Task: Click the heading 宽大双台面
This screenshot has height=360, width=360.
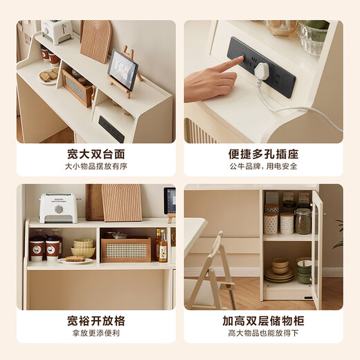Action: point(96,154)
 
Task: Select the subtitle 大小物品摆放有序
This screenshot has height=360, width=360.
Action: point(96,166)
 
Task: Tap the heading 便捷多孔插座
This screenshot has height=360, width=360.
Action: point(263,154)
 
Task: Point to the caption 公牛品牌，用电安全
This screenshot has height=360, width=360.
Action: point(263,166)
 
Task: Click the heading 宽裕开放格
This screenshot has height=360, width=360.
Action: point(96,321)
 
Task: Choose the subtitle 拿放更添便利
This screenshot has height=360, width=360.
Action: point(96,334)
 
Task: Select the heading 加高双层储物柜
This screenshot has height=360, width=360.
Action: point(263,321)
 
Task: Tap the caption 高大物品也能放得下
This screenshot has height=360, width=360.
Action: point(263,334)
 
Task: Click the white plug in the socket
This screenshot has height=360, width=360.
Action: point(262,71)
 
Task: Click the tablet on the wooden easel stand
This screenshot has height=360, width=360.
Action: point(123,69)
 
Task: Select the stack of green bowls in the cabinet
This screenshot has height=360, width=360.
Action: point(303,271)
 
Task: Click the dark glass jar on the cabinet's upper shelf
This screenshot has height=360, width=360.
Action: point(303,221)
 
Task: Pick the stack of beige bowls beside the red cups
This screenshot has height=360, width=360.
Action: point(84,247)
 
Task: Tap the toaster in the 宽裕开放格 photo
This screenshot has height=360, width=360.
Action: point(57,207)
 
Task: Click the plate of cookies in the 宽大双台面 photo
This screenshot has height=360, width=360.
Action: point(49,76)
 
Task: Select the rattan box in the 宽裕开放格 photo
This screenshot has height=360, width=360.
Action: point(125,249)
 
